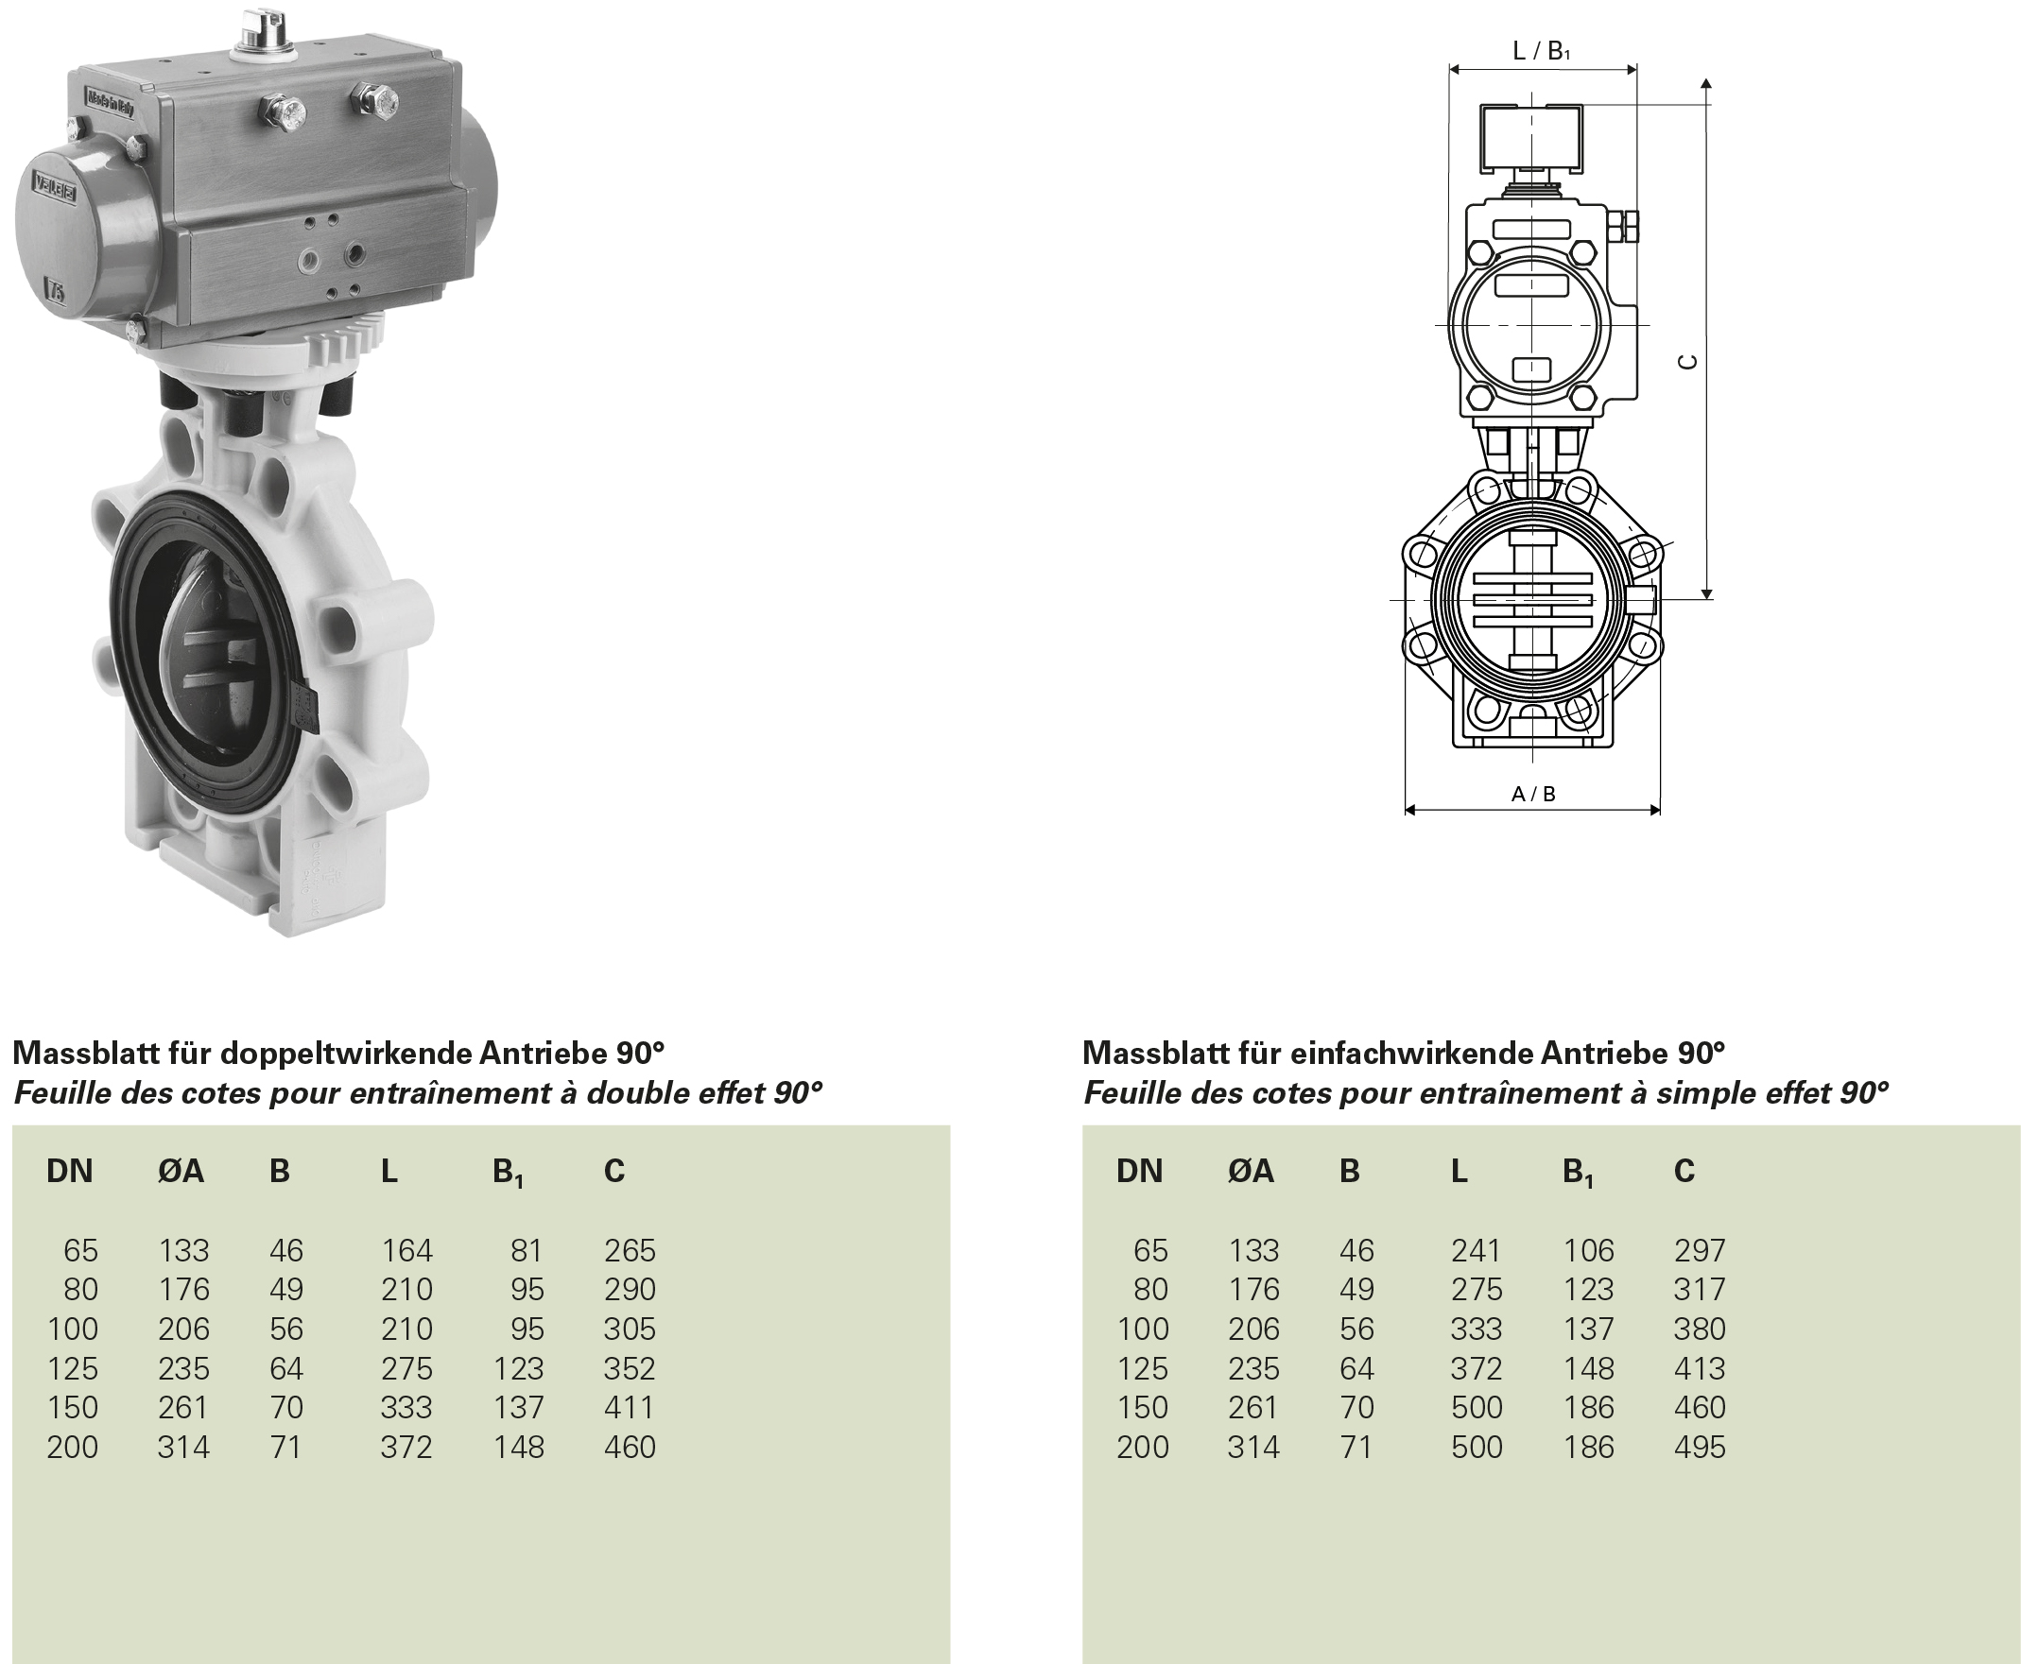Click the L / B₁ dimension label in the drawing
coord(1541,51)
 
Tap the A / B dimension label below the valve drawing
coord(1533,794)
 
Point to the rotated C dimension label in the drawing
coord(1688,361)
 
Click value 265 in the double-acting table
coord(629,1251)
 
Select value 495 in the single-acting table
coord(1699,1447)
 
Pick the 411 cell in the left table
coord(629,1407)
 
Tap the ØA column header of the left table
coord(181,1172)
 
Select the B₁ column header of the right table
coord(1577,1173)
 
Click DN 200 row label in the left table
coord(72,1447)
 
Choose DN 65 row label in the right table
coord(1150,1251)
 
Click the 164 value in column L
coord(406,1251)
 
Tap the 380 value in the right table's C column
coord(1699,1329)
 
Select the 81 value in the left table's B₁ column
coord(527,1251)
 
